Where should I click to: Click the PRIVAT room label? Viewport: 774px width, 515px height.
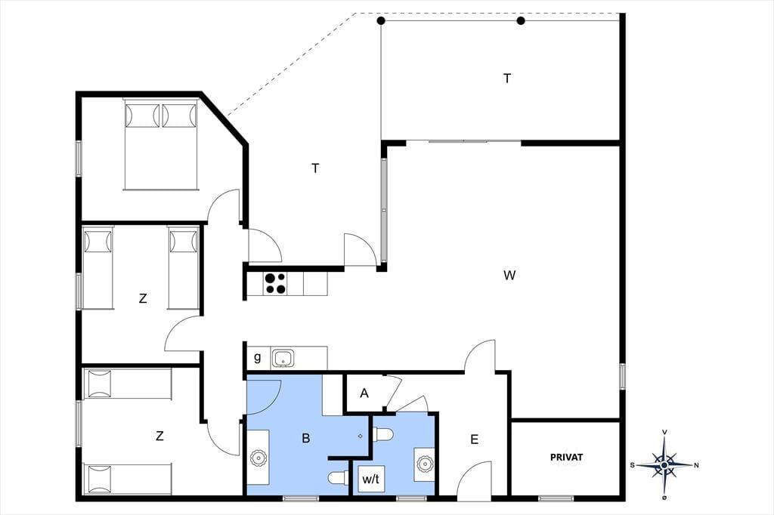pos(566,458)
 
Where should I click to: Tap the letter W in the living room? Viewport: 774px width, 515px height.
pos(509,275)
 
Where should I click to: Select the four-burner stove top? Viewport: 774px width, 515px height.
pos(275,284)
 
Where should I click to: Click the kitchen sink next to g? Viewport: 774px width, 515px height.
pos(283,359)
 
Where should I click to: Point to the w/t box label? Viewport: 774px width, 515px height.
pos(370,479)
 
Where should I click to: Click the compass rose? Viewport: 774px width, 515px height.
pos(664,464)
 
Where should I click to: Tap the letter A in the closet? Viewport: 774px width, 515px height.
pos(364,393)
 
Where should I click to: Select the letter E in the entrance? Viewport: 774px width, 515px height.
pos(475,439)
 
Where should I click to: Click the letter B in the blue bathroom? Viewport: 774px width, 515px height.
pos(306,438)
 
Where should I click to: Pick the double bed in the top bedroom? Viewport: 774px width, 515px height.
pos(161,144)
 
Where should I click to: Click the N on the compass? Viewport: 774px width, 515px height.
pos(696,465)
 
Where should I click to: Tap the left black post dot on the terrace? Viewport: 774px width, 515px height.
pos(381,20)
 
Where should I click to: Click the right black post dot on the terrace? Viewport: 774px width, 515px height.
pos(521,20)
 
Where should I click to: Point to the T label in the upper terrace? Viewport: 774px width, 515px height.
pos(507,79)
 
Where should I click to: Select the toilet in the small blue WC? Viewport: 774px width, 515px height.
pos(383,435)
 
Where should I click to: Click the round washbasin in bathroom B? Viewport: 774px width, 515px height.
pos(259,458)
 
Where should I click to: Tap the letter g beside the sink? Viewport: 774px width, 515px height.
pos(257,358)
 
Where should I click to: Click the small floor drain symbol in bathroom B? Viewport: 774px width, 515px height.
pos(361,436)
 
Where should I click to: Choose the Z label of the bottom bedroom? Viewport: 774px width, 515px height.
pos(159,436)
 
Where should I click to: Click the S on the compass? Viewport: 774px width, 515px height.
pos(633,465)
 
